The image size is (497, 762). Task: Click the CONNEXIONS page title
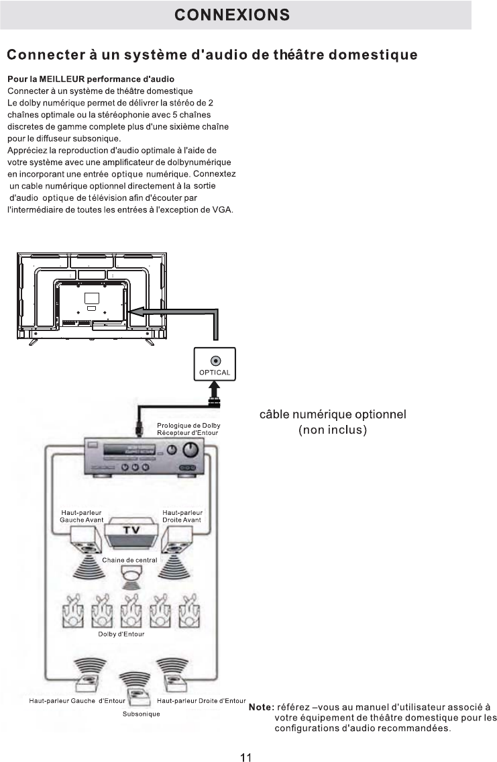tap(232, 15)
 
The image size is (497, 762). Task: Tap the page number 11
tap(245, 739)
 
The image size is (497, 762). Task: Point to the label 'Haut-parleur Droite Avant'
tap(182, 516)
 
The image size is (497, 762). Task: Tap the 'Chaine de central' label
tap(129, 560)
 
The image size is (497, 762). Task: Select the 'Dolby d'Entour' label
tap(126, 633)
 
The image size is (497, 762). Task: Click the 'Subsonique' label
tap(142, 714)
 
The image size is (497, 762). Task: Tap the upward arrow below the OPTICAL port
tap(214, 389)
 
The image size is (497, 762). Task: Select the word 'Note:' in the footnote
tap(261, 707)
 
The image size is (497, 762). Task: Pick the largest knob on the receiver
tap(192, 452)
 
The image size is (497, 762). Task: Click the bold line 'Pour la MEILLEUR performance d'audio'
tap(91, 79)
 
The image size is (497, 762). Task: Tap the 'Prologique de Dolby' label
tap(188, 426)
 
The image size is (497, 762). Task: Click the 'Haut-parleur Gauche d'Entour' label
tap(77, 701)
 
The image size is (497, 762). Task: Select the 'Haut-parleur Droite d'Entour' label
tap(201, 701)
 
